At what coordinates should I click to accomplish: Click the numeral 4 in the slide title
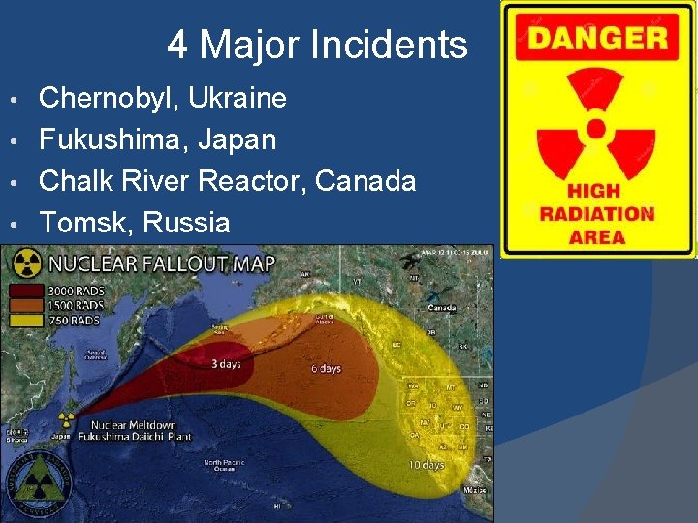click(177, 45)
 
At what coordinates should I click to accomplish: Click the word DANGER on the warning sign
click(598, 39)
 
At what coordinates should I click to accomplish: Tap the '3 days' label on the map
click(228, 364)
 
